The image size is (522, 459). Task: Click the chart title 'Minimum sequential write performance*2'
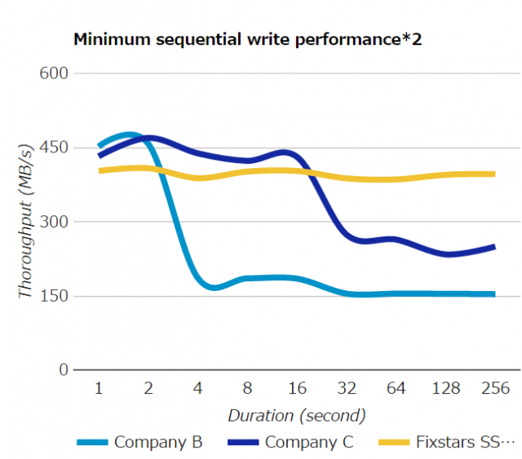pos(248,38)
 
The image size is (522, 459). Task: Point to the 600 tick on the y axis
pos(53,73)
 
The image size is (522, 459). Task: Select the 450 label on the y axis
pos(53,148)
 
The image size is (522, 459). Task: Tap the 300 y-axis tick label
pos(53,222)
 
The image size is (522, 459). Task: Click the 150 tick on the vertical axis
pos(53,296)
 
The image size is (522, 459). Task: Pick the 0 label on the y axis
pos(63,370)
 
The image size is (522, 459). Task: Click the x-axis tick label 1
pos(99,389)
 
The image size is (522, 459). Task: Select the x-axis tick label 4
pos(197,389)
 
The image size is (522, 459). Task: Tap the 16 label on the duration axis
pos(297,389)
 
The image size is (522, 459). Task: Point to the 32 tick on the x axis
pos(347,389)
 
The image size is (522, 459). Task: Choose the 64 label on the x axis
pos(396,389)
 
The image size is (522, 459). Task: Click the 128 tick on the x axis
pos(446,389)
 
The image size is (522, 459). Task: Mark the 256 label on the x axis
pos(495,389)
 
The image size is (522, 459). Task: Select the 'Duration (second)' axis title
pos(297,415)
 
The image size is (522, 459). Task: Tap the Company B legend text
pos(158,443)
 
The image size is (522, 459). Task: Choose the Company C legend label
pos(309,443)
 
